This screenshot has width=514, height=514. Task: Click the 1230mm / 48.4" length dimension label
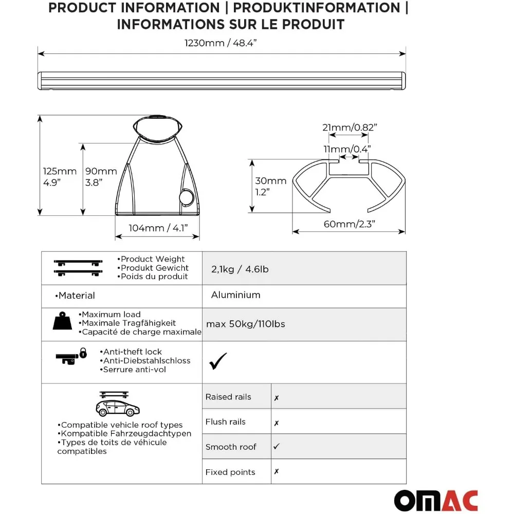click(221, 43)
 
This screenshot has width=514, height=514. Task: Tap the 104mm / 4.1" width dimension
click(157, 228)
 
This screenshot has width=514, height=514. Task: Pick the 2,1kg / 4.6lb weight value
click(240, 268)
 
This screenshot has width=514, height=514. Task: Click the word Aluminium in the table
click(235, 295)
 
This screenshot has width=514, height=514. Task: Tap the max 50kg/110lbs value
click(246, 324)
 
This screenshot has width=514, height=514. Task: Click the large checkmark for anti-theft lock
click(217, 361)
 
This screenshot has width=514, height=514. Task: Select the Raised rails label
click(228, 397)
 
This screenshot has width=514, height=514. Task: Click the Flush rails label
click(225, 422)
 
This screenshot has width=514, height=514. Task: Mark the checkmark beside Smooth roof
click(277, 447)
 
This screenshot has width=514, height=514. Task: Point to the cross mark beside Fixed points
click(277, 472)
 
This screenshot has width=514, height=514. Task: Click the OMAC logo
click(436, 501)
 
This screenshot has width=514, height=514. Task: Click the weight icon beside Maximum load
click(63, 321)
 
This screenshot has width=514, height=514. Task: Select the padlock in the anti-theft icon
click(83, 353)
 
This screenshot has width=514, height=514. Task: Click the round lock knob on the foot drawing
click(187, 197)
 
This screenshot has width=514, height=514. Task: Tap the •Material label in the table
click(75, 296)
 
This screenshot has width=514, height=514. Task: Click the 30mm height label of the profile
click(271, 181)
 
